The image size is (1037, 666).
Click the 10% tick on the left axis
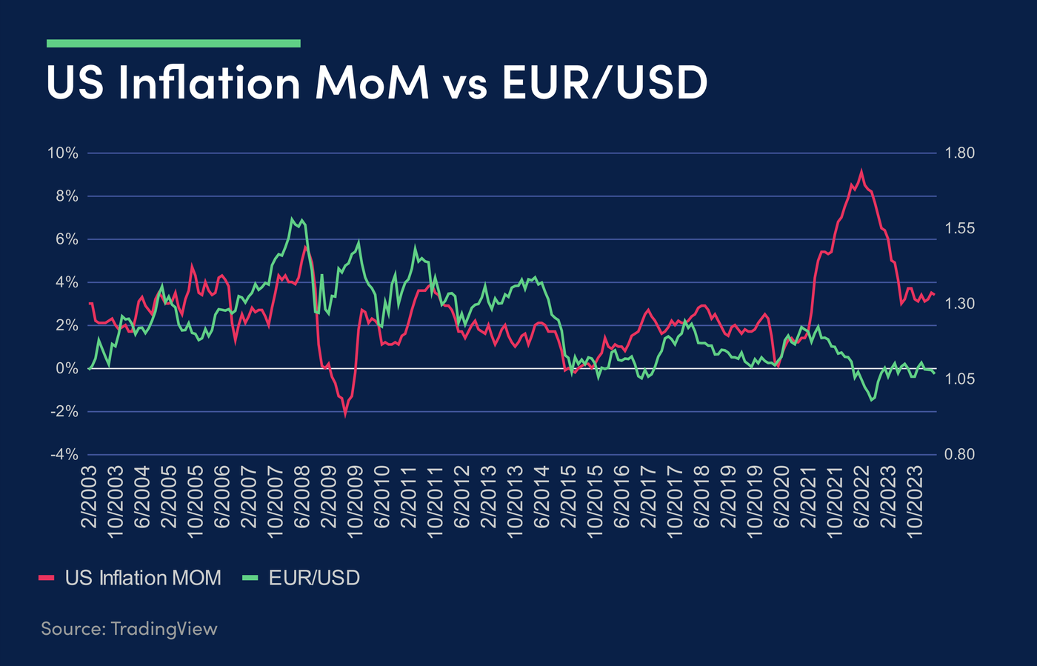tap(63, 153)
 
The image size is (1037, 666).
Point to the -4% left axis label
tap(63, 454)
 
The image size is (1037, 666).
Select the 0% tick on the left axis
tap(67, 368)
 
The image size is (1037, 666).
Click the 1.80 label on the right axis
tap(960, 153)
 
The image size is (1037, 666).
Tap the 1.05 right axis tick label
tap(960, 379)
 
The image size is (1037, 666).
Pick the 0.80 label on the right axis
tap(960, 454)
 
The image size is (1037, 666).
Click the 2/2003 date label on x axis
tap(90, 498)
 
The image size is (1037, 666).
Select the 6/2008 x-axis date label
tap(302, 498)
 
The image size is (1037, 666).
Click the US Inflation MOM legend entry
tap(130, 578)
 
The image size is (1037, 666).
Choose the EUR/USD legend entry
tap(302, 578)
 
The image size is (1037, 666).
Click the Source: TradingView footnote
tap(129, 629)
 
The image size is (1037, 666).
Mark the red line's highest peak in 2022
tap(861, 171)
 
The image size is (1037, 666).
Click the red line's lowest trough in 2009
tap(345, 415)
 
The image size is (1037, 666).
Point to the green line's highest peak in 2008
tap(293, 219)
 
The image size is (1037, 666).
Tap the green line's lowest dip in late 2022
tap(871, 400)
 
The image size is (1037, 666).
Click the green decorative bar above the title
tap(173, 43)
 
